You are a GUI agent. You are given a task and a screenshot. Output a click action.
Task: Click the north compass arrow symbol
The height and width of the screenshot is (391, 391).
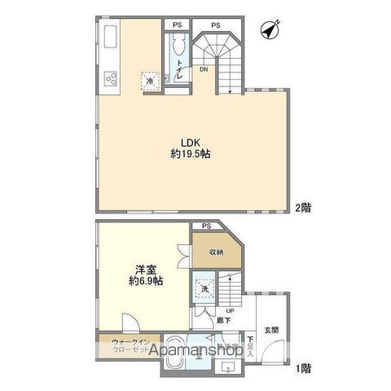click(270, 30)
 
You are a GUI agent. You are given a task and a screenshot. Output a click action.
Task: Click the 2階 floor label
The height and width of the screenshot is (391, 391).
click(302, 207)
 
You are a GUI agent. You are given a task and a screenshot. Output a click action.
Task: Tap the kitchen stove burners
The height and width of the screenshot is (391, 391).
click(111, 79)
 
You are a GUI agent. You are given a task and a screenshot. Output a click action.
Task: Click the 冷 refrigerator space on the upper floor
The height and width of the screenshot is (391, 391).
click(150, 80)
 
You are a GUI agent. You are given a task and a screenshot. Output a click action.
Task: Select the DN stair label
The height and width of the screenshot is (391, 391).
click(204, 70)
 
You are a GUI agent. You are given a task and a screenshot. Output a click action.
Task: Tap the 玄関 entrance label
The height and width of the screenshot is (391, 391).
click(272, 330)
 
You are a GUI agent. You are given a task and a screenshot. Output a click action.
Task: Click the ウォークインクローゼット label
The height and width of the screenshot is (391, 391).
click(130, 345)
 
